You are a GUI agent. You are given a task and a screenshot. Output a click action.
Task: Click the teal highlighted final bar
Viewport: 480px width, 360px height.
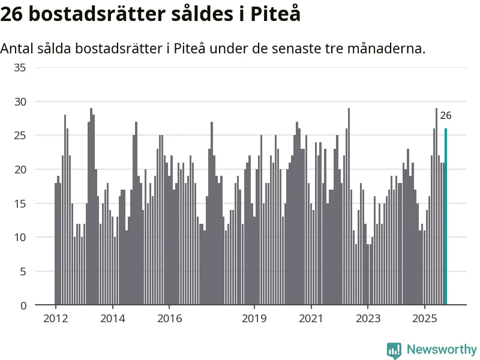tap(446, 217)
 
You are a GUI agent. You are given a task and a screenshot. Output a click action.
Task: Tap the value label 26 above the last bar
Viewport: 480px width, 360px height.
tap(446, 116)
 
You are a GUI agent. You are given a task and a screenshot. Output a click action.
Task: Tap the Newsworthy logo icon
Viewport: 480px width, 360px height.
tap(394, 350)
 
